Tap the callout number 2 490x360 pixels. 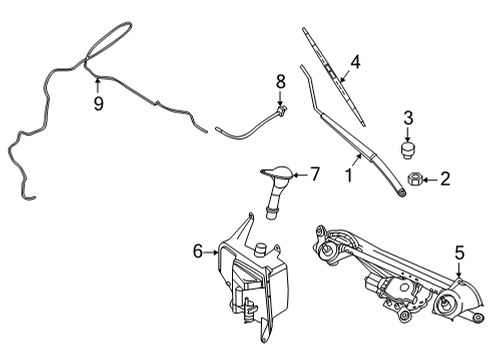[446, 180]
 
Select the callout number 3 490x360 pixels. [408, 120]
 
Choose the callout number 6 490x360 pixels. [197, 252]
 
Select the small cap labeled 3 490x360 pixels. [408, 150]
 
